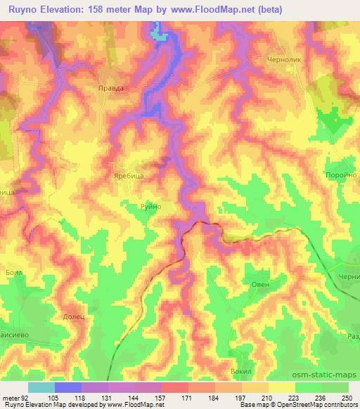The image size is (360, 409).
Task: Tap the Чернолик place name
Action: (285, 60)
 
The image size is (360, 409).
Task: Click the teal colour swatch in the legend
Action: (41, 387)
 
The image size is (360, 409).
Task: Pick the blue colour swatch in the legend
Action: (68, 387)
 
